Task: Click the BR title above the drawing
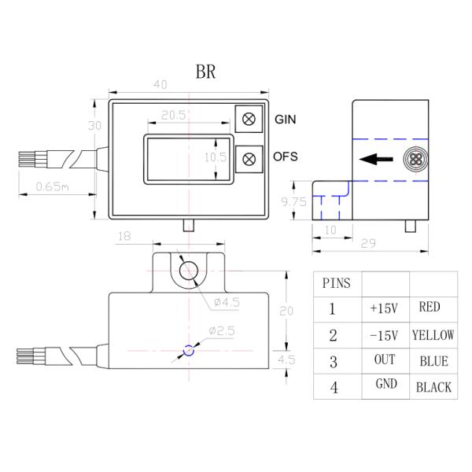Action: pos(205,71)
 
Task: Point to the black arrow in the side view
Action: pos(376,160)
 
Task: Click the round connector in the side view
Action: pos(415,160)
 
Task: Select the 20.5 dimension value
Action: pos(172,115)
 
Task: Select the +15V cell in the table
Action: pos(385,308)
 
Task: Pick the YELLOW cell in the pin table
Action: pos(433,335)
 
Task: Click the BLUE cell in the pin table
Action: pos(433,361)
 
